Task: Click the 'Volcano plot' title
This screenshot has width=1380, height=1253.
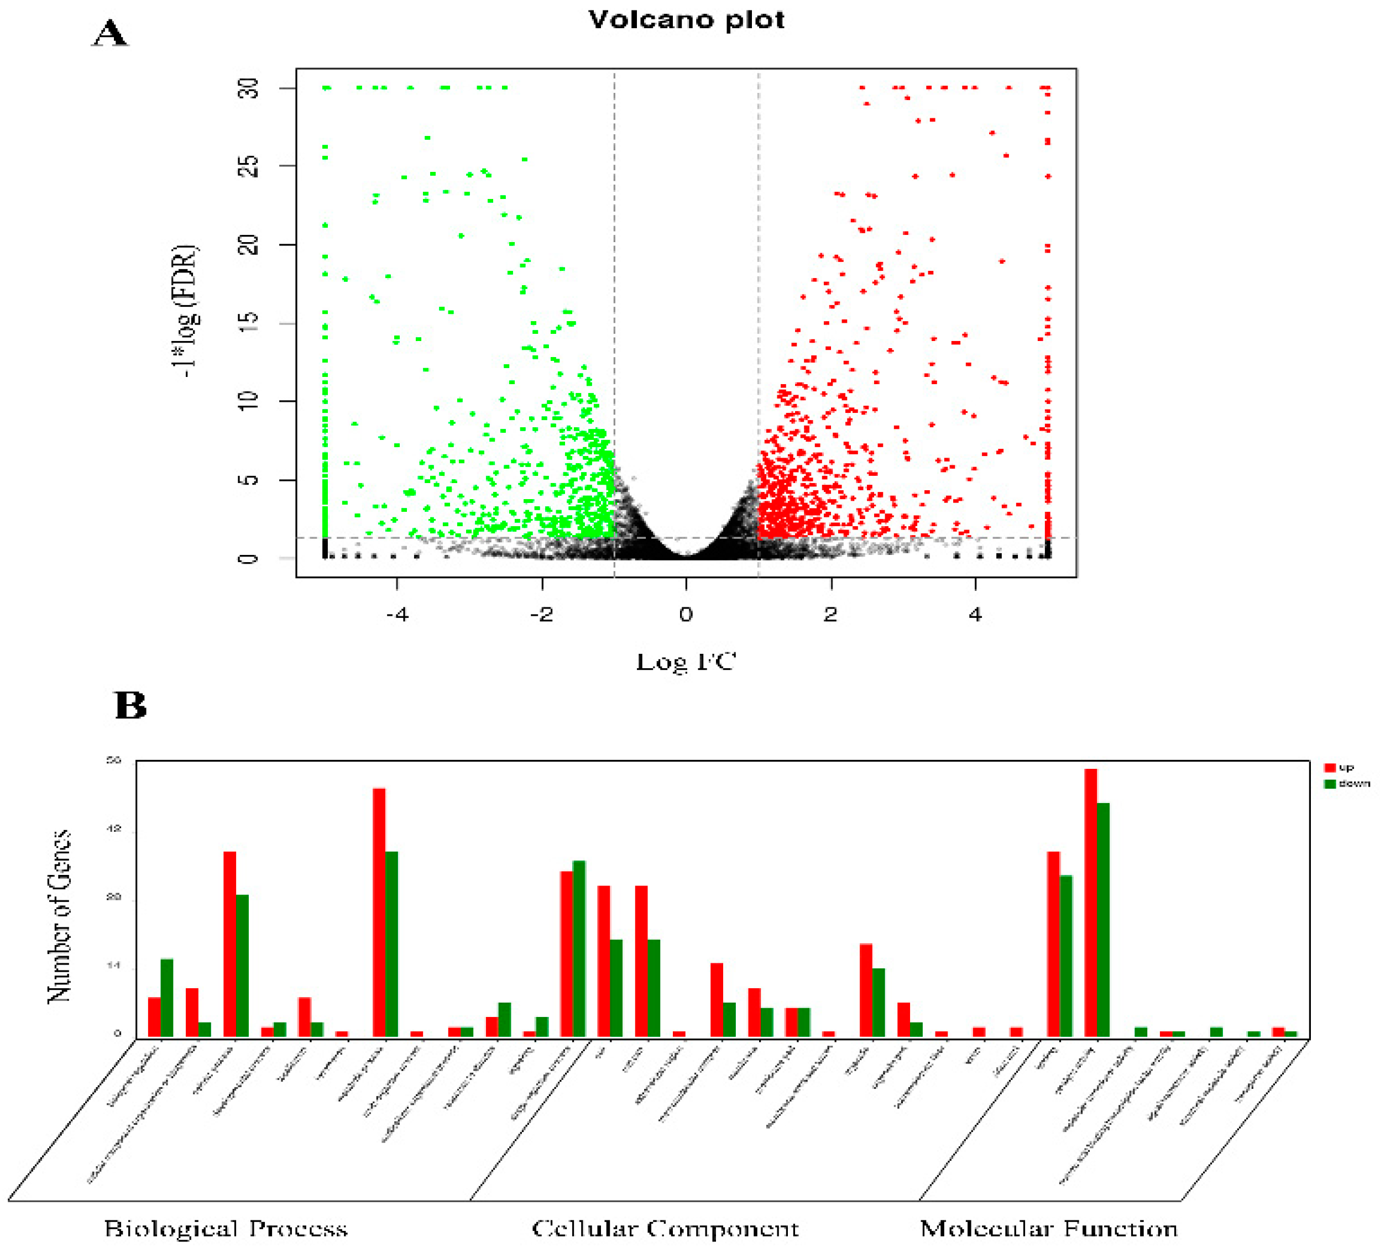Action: (x=686, y=20)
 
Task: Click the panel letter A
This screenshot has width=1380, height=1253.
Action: (x=109, y=33)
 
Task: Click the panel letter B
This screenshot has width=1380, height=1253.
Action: (x=130, y=706)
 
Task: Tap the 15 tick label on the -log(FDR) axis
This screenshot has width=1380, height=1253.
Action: (x=249, y=322)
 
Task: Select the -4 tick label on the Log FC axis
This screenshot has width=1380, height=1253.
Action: (x=397, y=615)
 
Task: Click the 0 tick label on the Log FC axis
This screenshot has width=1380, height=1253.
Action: (x=686, y=615)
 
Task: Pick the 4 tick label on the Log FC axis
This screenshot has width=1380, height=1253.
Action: (x=975, y=615)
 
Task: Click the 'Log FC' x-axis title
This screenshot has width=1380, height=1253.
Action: (x=686, y=662)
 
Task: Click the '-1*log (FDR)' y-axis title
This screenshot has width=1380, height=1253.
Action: (x=185, y=311)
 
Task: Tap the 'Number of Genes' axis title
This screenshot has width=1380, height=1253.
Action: (x=60, y=916)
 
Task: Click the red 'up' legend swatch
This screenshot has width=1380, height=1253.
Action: (x=1330, y=768)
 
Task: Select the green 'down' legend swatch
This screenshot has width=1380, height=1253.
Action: (x=1330, y=784)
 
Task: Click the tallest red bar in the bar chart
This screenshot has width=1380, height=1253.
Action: (x=1090, y=903)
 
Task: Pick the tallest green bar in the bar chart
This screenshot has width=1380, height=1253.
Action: (x=1103, y=920)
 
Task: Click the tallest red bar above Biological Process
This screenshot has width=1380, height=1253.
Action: (x=379, y=913)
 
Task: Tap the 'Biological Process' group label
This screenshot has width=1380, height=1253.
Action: (x=226, y=1228)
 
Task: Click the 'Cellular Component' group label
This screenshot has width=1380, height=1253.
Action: (x=665, y=1228)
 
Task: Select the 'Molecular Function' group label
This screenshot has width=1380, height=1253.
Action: (x=1048, y=1228)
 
